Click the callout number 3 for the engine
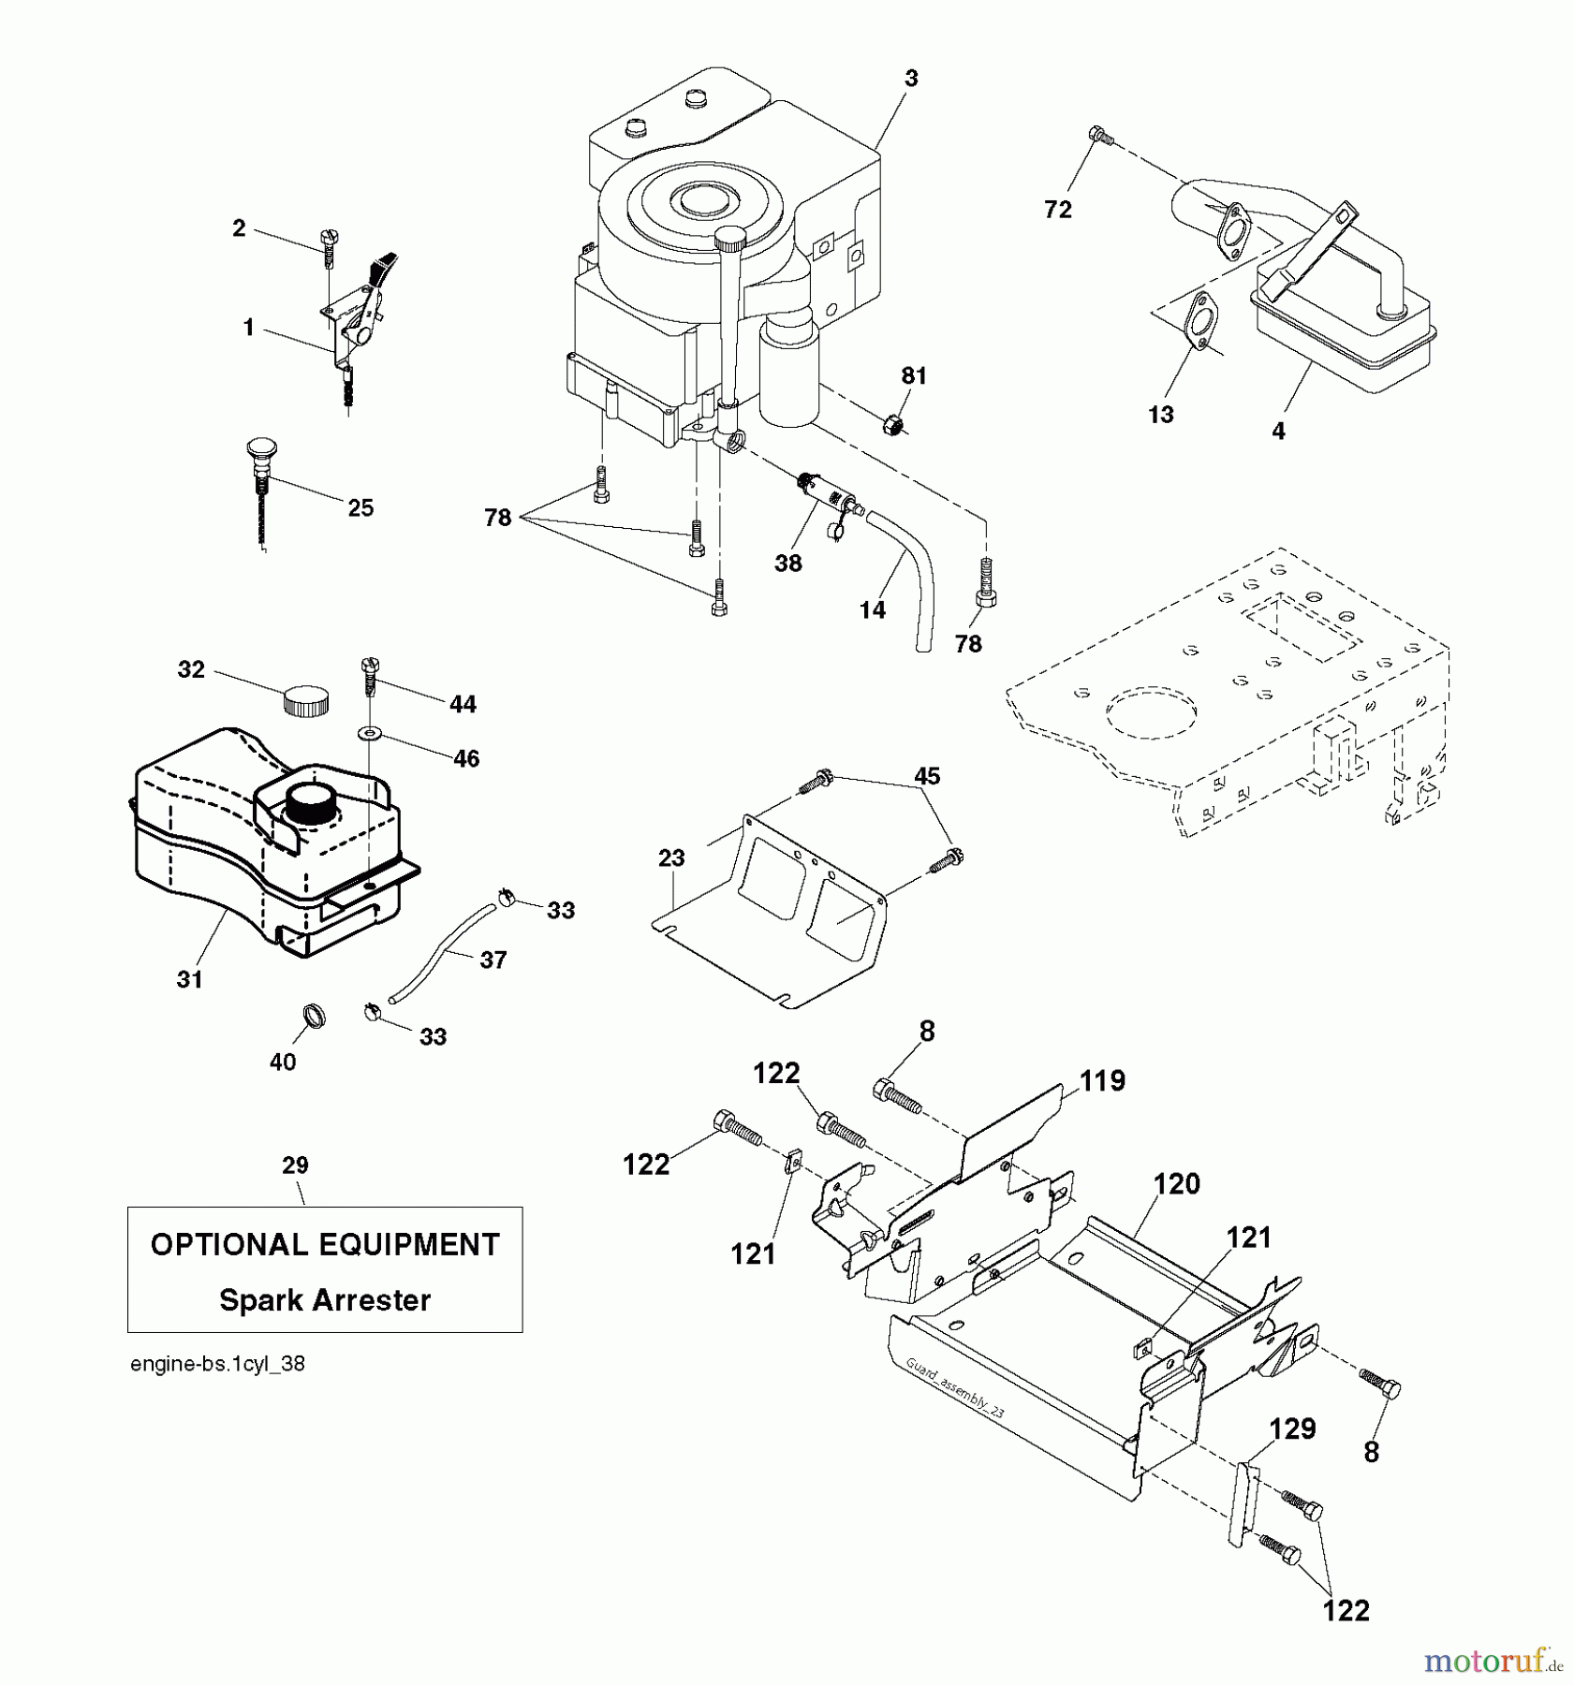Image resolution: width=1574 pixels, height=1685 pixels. pyautogui.click(x=911, y=79)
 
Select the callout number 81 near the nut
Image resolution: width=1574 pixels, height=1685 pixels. pyautogui.click(x=914, y=376)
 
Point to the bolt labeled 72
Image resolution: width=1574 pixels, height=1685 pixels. pyautogui.click(x=1101, y=138)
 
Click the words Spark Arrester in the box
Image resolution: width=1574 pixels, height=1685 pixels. pyautogui.click(x=325, y=1300)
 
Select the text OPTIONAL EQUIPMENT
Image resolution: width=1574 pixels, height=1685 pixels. pyautogui.click(x=325, y=1245)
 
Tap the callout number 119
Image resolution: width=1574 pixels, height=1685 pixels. pyautogui.click(x=1102, y=1081)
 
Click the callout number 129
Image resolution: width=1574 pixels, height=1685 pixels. pyautogui.click(x=1293, y=1429)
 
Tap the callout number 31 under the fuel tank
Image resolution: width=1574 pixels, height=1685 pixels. pyautogui.click(x=190, y=979)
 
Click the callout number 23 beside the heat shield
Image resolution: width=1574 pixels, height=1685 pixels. pyautogui.click(x=671, y=857)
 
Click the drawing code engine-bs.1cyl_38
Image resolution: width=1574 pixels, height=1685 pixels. pyautogui.click(x=217, y=1364)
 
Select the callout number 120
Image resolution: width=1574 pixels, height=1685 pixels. pyautogui.click(x=1176, y=1184)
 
